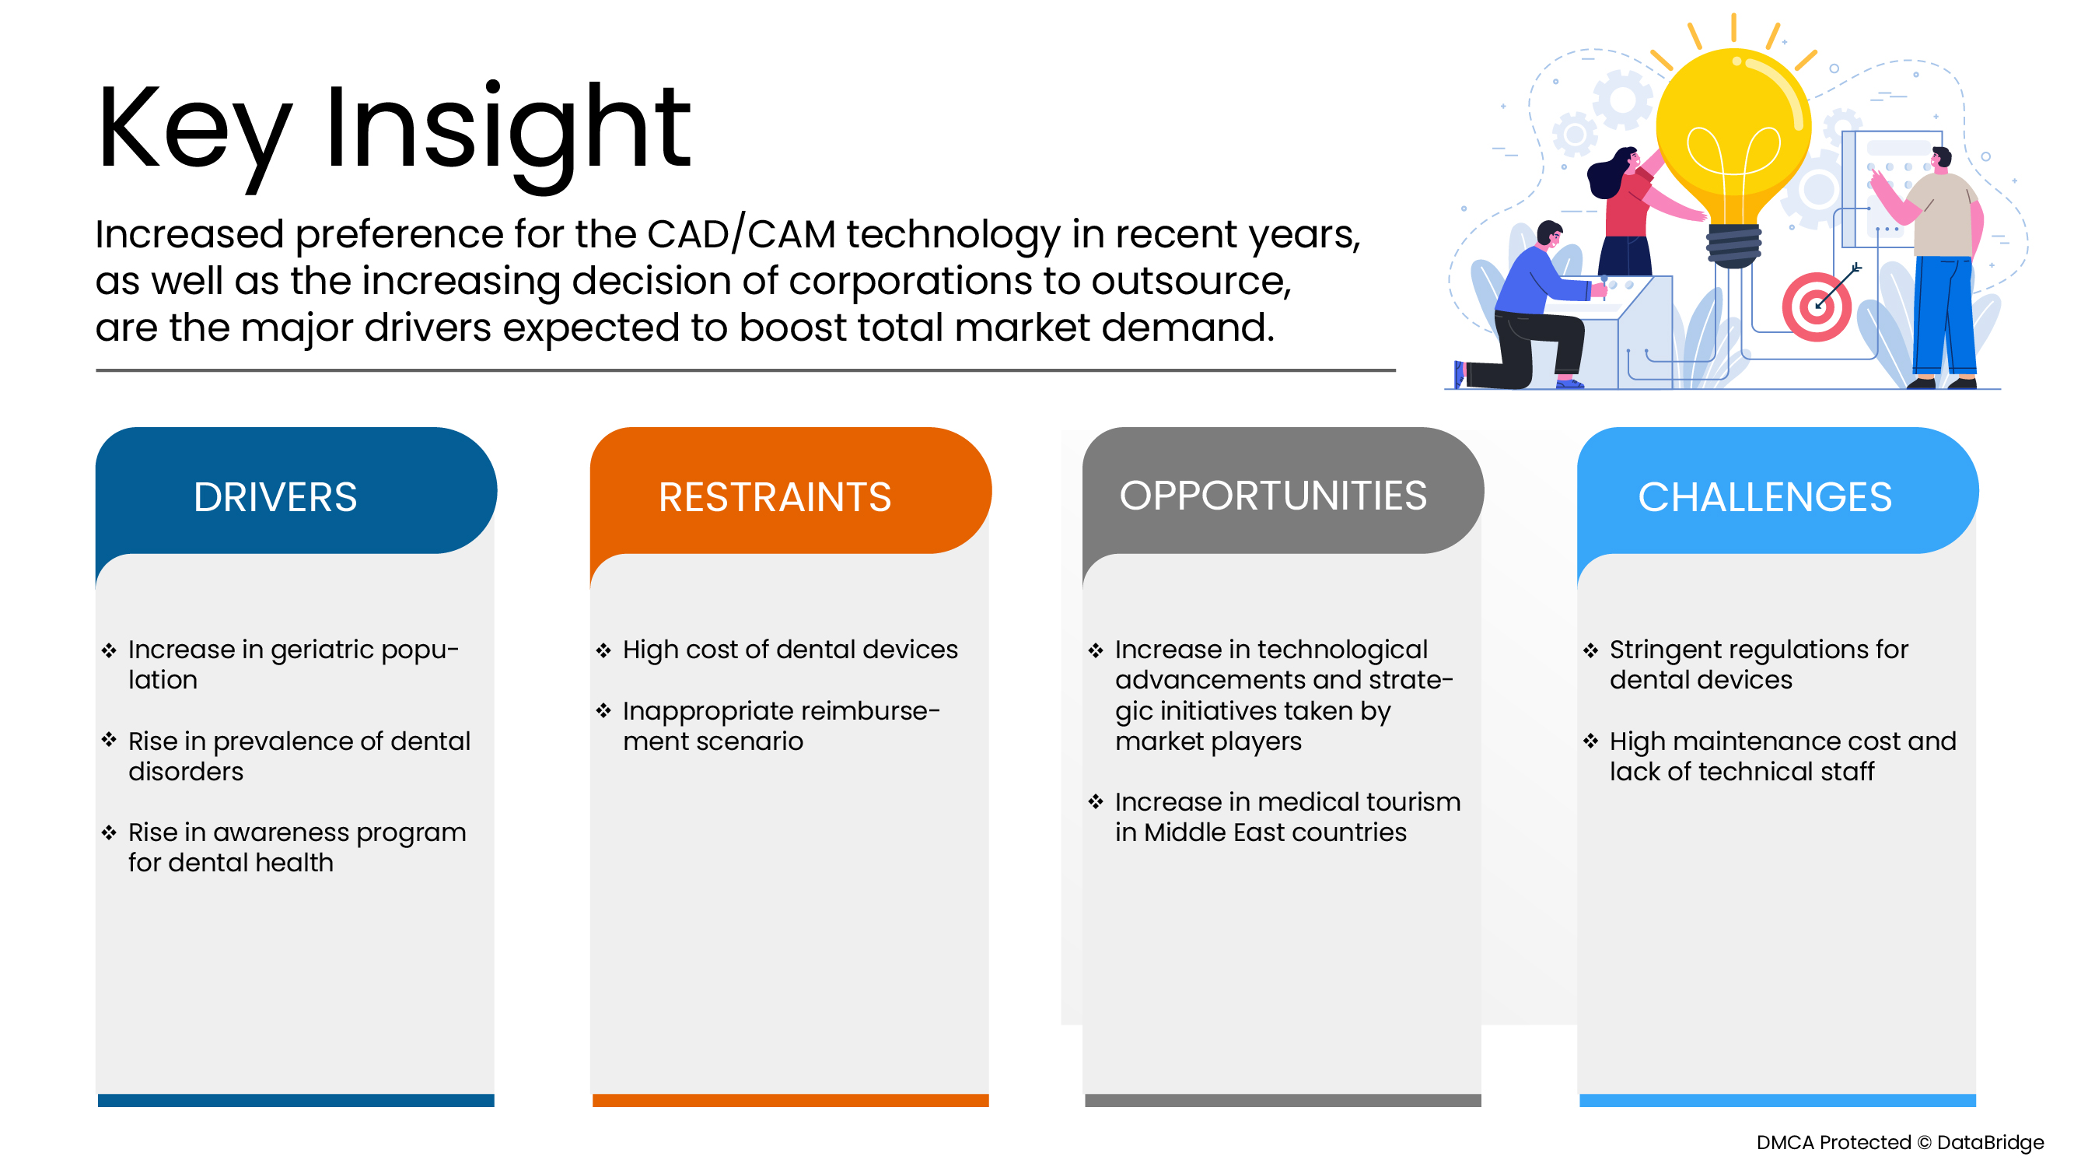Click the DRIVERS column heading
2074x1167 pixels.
275,497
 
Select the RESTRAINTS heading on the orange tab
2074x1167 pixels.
775,497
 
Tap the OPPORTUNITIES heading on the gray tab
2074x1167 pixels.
1273,496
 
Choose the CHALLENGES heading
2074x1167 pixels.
1764,497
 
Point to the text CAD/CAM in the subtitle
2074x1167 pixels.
740,234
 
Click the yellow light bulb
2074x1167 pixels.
1733,133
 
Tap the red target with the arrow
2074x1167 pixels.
1816,307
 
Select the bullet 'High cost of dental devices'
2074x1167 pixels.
789,649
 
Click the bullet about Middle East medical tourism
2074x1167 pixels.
1285,817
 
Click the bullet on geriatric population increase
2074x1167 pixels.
292,664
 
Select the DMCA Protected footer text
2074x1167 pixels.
1898,1142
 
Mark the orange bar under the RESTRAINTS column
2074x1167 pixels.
790,1100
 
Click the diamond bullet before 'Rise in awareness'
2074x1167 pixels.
110,832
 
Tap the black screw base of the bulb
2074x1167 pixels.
1733,246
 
